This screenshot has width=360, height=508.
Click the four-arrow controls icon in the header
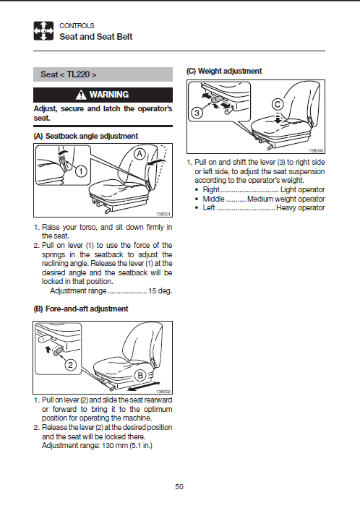pyautogui.click(x=43, y=31)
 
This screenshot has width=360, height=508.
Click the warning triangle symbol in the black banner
pyautogui.click(x=81, y=95)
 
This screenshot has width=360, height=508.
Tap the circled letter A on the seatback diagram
pyautogui.click(x=140, y=154)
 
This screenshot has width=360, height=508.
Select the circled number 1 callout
pyautogui.click(x=82, y=171)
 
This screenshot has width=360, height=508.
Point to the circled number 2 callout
pyautogui.click(x=71, y=365)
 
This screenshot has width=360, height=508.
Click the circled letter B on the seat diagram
pyautogui.click(x=140, y=376)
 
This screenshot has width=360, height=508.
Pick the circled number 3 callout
pyautogui.click(x=197, y=113)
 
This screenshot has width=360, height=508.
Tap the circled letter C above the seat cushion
pyautogui.click(x=278, y=105)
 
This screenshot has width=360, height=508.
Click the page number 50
pyautogui.click(x=179, y=486)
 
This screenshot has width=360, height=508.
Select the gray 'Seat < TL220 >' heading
pyautogui.click(x=103, y=74)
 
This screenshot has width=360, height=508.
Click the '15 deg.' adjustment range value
pyautogui.click(x=160, y=291)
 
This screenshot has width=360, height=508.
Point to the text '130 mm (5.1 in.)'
pyautogui.click(x=127, y=445)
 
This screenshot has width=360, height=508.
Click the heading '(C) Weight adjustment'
pyautogui.click(x=224, y=71)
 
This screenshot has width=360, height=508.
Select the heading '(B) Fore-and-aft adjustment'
pyautogui.click(x=81, y=309)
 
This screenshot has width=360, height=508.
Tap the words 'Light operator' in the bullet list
pyautogui.click(x=303, y=189)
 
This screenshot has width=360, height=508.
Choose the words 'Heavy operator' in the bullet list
pyautogui.click(x=301, y=207)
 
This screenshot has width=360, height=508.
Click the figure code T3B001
pyautogui.click(x=163, y=214)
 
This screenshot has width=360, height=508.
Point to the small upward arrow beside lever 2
pyautogui.click(x=47, y=349)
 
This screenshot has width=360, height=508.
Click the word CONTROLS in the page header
pyautogui.click(x=77, y=25)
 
